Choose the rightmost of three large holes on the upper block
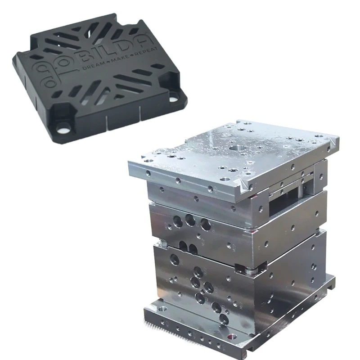click(x=206, y=225)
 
